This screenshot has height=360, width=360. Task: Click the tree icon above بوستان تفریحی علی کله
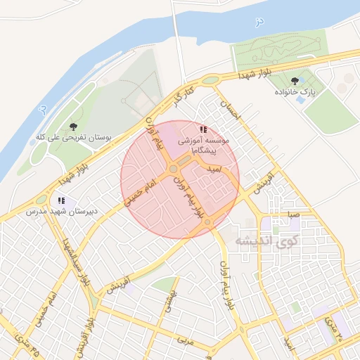73,127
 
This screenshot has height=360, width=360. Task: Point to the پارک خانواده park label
299,92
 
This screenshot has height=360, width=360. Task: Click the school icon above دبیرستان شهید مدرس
63,200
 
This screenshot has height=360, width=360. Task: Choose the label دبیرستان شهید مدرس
61,211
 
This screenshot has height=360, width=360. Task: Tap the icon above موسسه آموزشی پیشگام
203,130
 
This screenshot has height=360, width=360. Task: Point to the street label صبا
294,214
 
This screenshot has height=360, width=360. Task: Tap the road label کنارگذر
183,96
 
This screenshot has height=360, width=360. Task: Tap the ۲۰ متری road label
331,329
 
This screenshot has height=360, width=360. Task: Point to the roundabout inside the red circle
173,169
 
